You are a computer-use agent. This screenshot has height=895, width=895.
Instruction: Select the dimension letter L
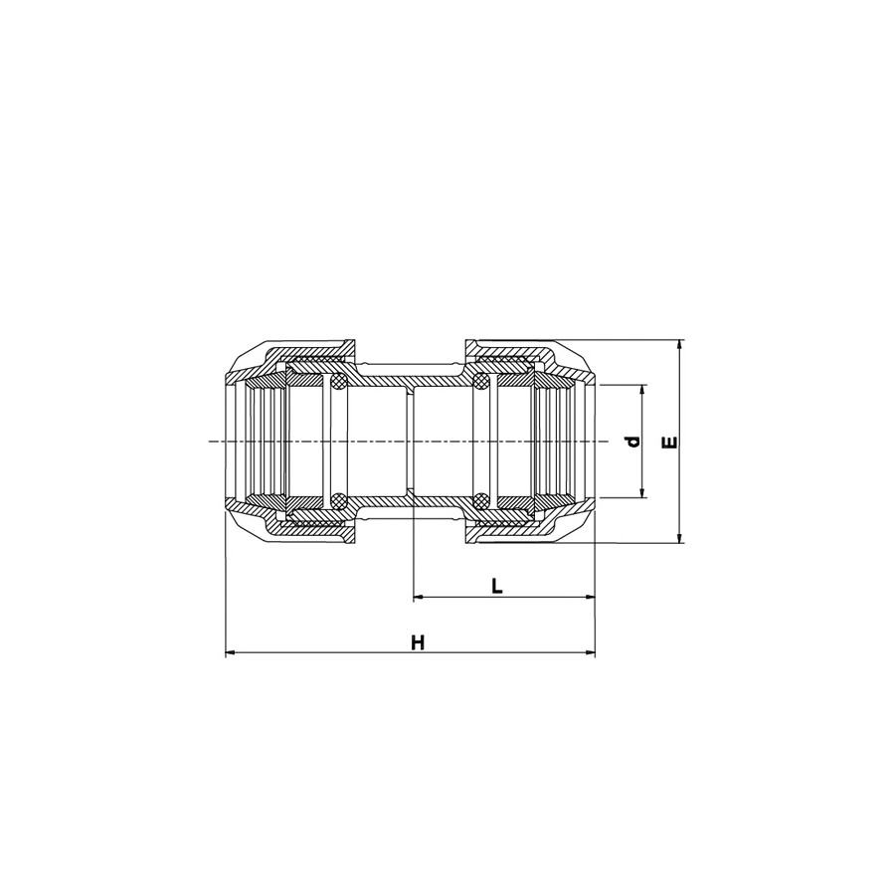pos(497,586)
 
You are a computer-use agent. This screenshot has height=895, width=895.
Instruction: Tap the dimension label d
pos(630,441)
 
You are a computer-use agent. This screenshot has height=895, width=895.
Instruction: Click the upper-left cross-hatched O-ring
pos(339,382)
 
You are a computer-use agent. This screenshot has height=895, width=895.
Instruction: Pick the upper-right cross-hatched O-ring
pos(480,382)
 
